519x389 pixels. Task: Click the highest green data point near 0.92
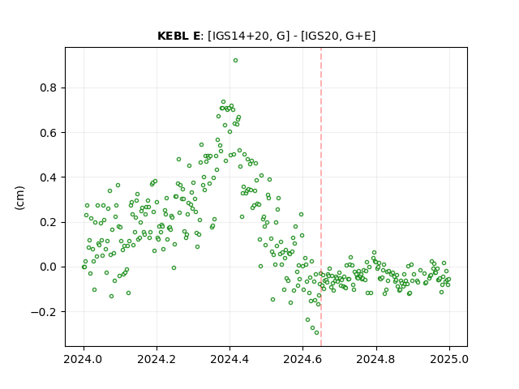235,61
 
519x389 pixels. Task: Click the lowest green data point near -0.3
317,333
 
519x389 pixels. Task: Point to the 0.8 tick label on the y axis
49,88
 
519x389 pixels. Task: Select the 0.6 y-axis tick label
49,133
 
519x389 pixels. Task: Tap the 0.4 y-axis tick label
49,177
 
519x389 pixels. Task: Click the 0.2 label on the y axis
49,222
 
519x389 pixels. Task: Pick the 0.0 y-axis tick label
49,267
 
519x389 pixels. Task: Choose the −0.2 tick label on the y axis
44,312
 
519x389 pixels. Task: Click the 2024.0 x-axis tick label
84,359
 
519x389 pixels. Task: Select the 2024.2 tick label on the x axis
157,359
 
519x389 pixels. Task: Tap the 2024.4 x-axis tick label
229,359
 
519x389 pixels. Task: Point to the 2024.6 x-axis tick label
302,359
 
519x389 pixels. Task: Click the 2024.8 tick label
376,359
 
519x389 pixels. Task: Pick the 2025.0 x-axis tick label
449,359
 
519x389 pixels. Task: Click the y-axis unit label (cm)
19,198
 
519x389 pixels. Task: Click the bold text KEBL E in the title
178,36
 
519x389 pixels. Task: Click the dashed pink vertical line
321,197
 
